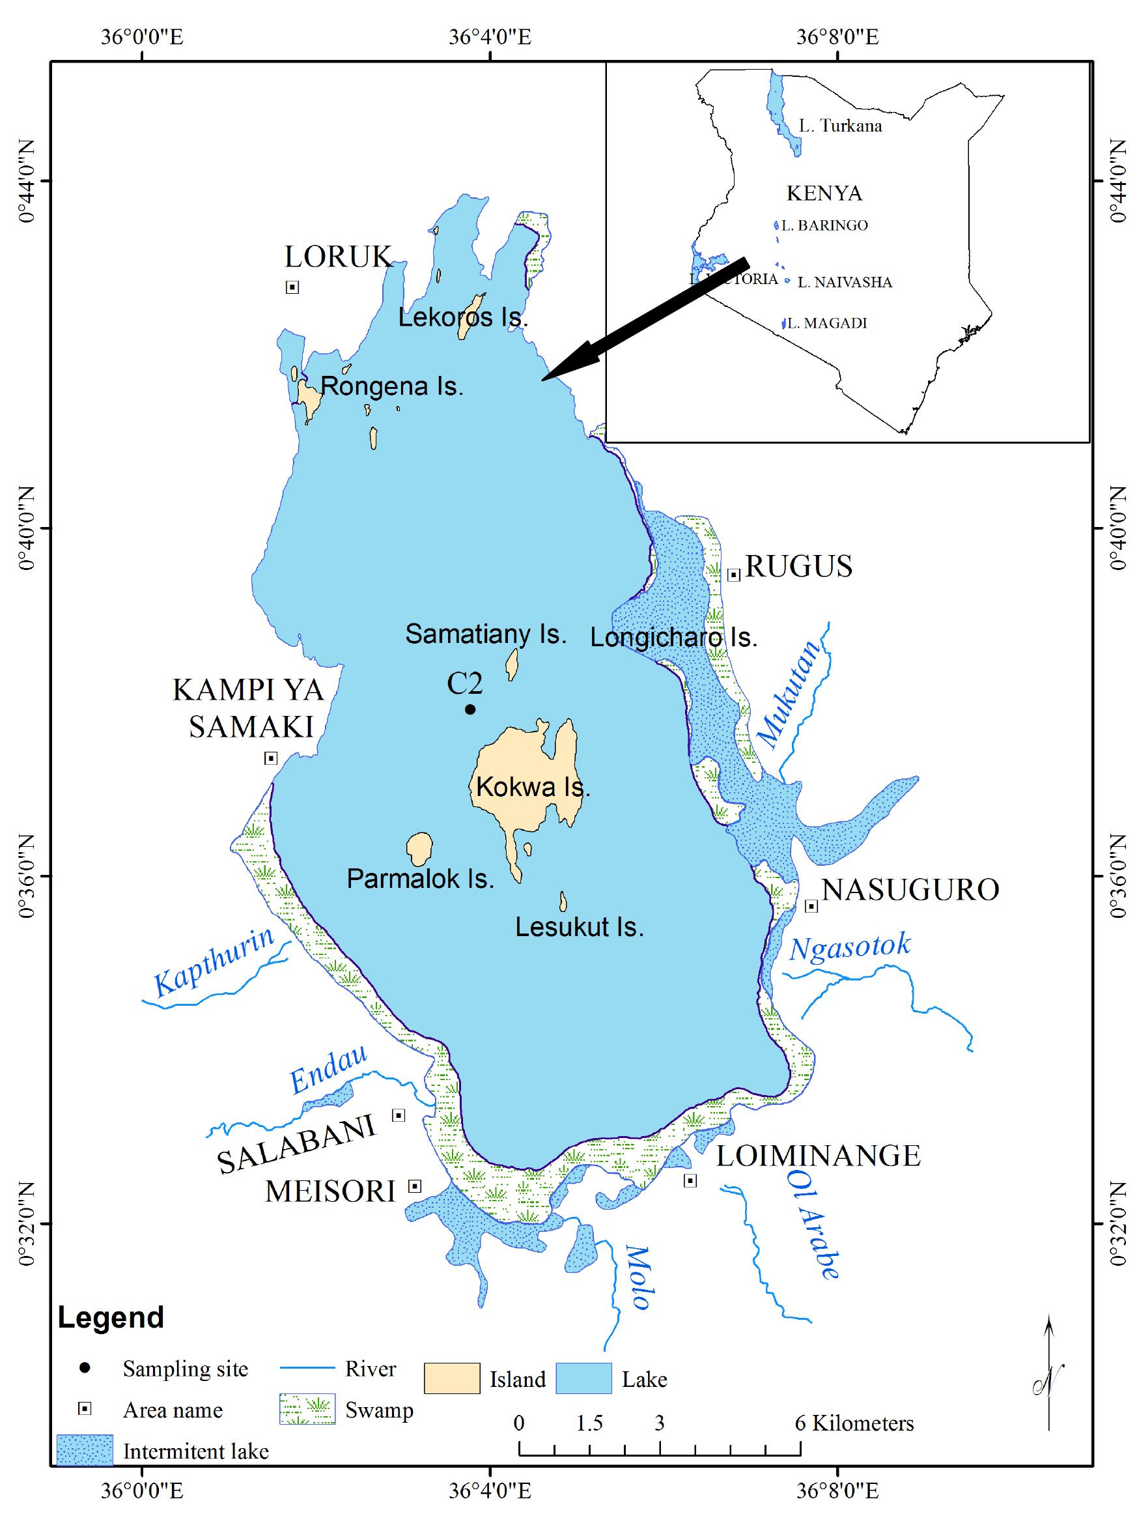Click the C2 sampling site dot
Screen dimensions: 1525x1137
pos(470,709)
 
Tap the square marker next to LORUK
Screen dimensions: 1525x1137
pos(292,287)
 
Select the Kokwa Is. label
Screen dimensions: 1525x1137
pos(533,787)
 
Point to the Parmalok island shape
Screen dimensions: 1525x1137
pos(419,848)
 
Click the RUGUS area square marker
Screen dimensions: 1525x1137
pos(734,574)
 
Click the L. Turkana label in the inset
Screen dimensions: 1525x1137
pos(840,126)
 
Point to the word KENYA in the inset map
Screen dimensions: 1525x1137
pos(824,193)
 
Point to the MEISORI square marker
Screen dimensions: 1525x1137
pos(414,1186)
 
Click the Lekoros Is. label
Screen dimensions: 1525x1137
pos(462,317)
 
